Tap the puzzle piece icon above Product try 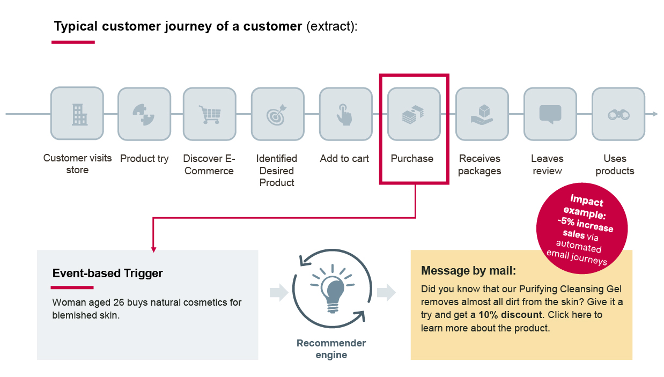coord(144,114)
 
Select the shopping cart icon coord(210,114)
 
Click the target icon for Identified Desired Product coord(278,114)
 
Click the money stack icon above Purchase coord(414,114)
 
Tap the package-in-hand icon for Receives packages coord(482,114)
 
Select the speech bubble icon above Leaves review coord(550,114)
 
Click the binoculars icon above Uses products coord(618,114)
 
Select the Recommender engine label coord(331,349)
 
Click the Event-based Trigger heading coord(107,273)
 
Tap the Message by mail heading coord(469,270)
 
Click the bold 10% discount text coord(510,315)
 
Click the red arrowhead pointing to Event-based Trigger coord(153,249)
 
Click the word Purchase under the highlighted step coord(412,159)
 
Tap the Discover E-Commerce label coord(209,165)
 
